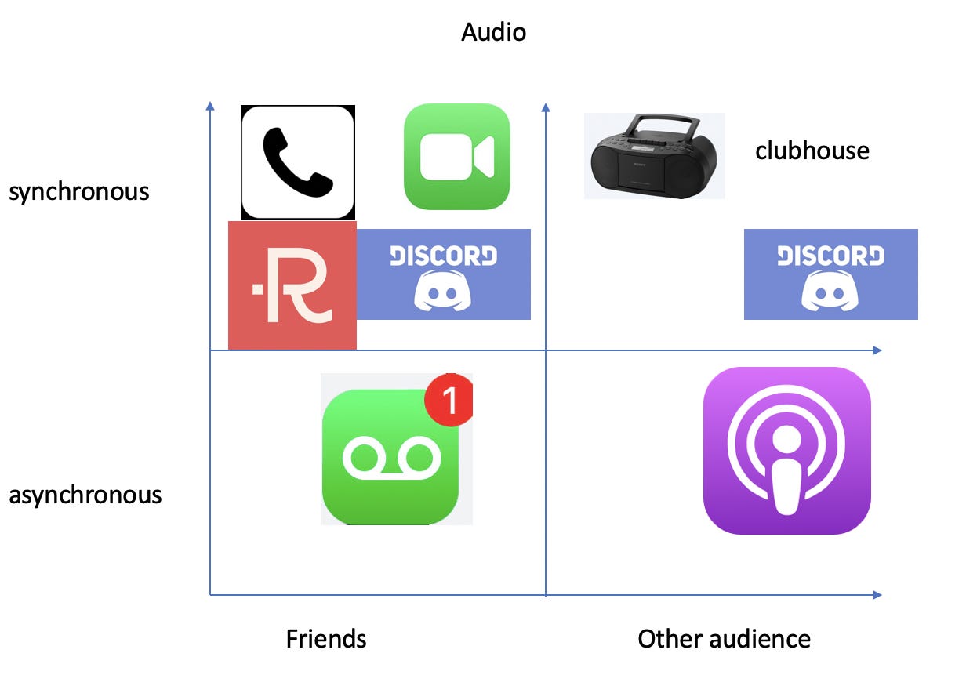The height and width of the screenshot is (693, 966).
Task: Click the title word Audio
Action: point(493,32)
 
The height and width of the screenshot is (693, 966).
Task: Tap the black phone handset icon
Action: point(297,162)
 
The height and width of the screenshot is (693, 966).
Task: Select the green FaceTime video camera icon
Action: point(457,157)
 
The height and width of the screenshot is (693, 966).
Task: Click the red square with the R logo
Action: point(292,285)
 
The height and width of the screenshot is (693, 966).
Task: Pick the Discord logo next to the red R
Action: point(444,274)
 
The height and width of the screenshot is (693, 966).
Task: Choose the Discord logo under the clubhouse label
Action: point(830,274)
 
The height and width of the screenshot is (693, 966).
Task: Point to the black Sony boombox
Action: point(653,161)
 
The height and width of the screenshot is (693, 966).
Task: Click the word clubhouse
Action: point(812,150)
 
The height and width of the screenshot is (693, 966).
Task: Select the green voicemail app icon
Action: point(390,458)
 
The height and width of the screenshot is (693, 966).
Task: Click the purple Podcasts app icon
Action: point(786,451)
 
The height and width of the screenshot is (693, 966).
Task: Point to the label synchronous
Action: point(79,191)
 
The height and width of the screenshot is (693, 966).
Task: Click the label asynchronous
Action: point(85,495)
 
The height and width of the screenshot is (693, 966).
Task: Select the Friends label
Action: point(326,639)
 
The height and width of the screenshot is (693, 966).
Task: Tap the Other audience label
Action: point(724,639)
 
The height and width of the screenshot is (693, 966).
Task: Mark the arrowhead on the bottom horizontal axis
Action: point(877,595)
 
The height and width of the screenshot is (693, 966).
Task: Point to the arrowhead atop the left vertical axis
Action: point(210,106)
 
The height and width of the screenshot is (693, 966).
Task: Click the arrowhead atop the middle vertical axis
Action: point(546,106)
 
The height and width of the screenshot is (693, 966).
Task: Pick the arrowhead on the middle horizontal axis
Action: point(877,350)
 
